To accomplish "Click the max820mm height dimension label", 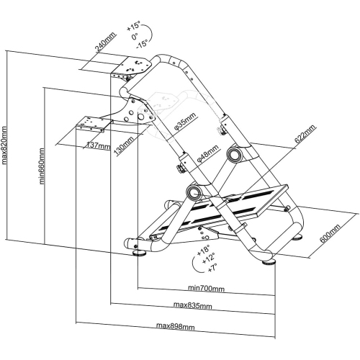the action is point(4,145).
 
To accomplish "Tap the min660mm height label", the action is point(42,166).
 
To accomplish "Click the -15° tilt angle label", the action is point(142,44).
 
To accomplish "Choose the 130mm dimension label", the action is point(124,146).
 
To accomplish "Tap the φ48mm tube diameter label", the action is point(207,153).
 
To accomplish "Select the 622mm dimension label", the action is point(305,134).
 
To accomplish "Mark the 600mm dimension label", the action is point(330,233).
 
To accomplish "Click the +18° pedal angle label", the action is point(203,251).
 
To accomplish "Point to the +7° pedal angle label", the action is point(212,267).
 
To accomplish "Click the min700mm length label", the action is point(206,288).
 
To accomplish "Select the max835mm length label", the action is point(193,305).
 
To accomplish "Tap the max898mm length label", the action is point(176,326).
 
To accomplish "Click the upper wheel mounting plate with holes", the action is point(132,66).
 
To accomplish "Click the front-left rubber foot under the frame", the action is point(140,253).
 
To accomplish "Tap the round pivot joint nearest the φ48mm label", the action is point(235,154).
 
